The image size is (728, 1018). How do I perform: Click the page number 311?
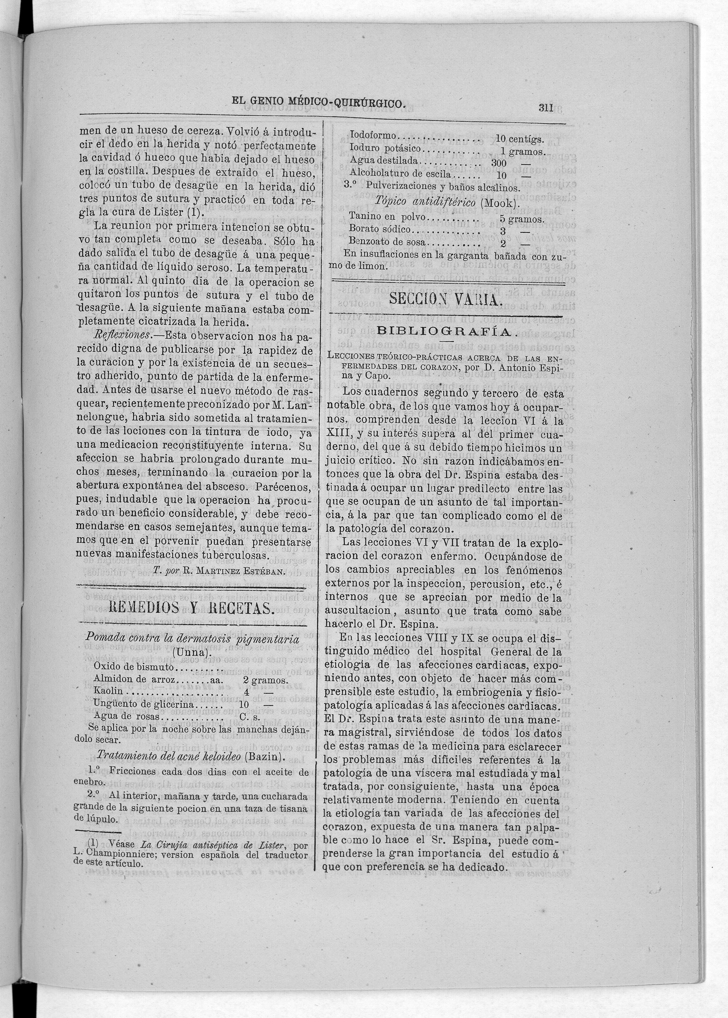coord(545,108)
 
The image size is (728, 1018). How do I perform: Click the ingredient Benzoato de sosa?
coord(388,243)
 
